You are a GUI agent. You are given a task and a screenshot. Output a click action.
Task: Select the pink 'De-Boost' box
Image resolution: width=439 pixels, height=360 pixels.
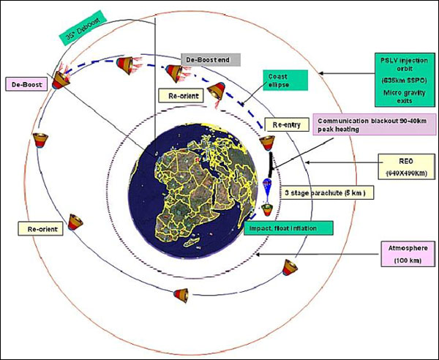26,85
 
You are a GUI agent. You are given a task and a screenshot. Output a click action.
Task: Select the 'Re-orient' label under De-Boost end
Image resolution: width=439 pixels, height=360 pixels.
176,96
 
